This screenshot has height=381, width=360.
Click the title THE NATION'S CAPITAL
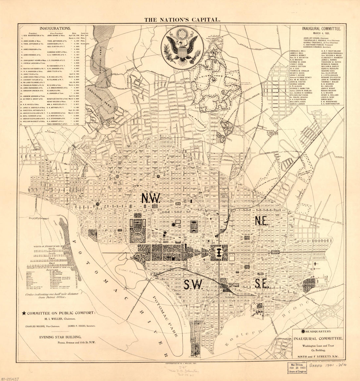(x=182, y=20)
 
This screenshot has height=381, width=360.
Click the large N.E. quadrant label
(x=262, y=221)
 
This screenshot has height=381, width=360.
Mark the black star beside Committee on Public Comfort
(x=24, y=313)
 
